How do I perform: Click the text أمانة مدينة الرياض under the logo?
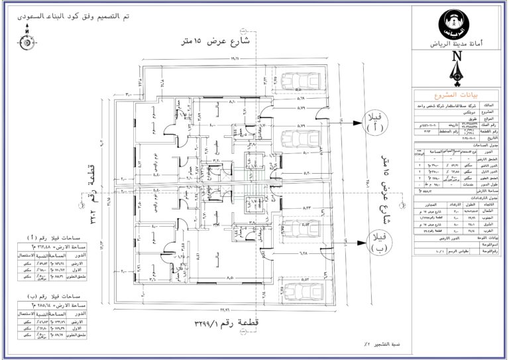457,43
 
